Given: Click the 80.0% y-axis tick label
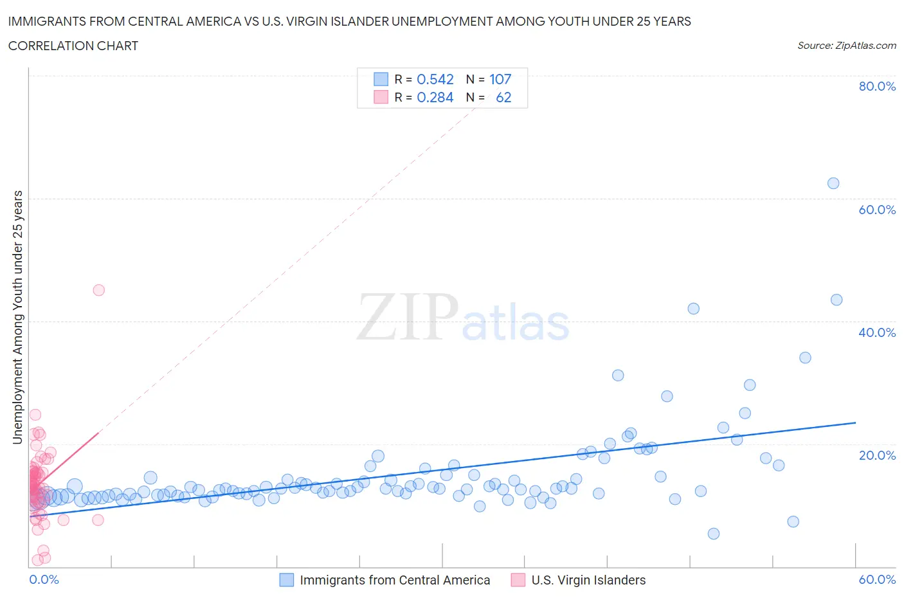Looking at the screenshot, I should (877, 86).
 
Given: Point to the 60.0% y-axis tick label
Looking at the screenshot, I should (877, 210).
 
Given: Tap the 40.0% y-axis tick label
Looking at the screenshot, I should (877, 332).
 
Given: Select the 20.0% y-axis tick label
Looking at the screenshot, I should (877, 455).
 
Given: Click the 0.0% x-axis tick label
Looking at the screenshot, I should (44, 579).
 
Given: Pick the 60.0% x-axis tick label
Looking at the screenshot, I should (877, 579).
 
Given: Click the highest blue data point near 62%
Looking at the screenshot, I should (833, 183).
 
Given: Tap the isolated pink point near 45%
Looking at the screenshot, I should (98, 290).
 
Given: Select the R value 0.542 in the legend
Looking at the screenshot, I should (435, 79).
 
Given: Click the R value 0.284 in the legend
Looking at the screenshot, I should (435, 97).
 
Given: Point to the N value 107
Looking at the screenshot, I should (500, 79).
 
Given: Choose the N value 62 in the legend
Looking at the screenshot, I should (503, 97).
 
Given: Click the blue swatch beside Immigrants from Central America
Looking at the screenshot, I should (287, 580).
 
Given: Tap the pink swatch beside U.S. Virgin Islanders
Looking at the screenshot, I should (518, 580).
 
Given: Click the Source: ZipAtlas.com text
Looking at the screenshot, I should (846, 45).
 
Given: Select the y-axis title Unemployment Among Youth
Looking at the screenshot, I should (17, 317).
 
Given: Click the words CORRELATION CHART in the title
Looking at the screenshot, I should (73, 46).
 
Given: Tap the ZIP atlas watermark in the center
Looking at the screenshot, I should (463, 318).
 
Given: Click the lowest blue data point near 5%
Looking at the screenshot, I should (713, 534).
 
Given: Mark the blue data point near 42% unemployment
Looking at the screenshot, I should (693, 309).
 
